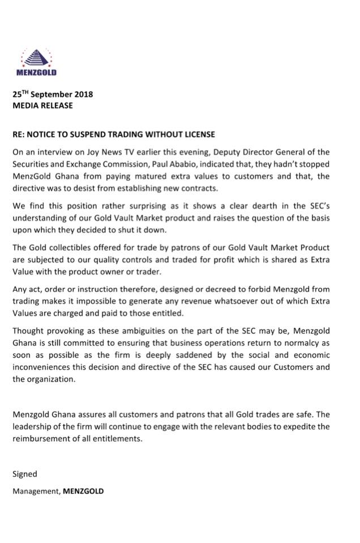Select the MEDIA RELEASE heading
coord(43,105)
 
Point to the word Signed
coord(25,474)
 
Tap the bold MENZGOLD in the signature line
coord(84,491)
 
